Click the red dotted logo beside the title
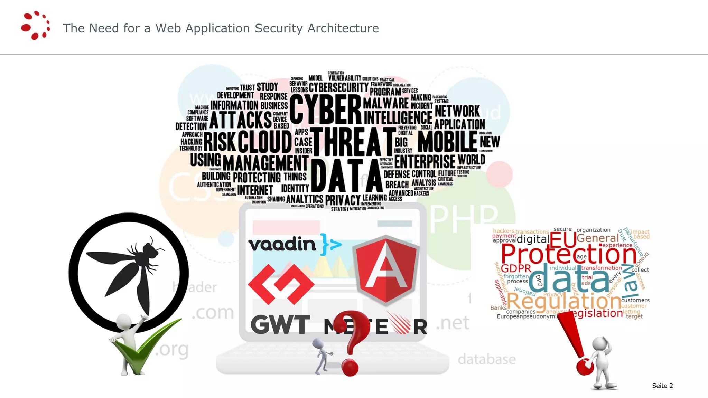click(35, 26)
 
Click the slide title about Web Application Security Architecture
click(221, 28)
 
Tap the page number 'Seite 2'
click(662, 386)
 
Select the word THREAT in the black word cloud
click(353, 142)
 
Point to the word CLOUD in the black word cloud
click(265, 142)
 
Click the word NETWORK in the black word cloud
click(457, 111)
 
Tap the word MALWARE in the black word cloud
click(386, 103)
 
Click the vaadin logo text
click(282, 245)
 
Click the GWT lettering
click(280, 325)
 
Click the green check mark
click(145, 349)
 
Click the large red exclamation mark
click(576, 345)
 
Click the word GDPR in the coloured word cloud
click(516, 268)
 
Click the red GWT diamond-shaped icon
click(281, 284)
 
